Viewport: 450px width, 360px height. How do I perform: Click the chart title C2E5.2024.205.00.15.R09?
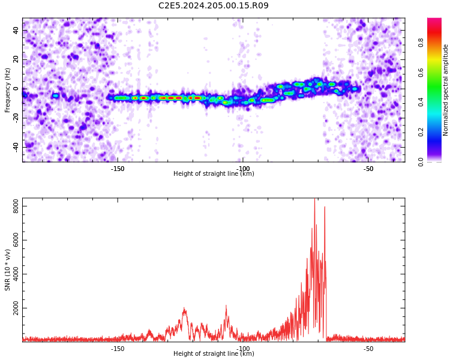(213, 5)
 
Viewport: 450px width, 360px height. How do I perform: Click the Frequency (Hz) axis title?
(7, 90)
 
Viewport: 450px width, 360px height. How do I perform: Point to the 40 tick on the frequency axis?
(16, 30)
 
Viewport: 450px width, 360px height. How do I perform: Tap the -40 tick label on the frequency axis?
(16, 148)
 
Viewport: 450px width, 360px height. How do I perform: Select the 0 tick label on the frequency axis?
(16, 89)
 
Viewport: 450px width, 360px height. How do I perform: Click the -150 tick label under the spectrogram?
(118, 169)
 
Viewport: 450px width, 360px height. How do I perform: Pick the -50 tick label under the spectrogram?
(368, 169)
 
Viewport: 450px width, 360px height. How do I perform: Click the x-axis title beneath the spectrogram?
(214, 173)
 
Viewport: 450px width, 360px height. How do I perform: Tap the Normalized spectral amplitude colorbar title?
(445, 90)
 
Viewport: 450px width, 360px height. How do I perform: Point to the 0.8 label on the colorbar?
(421, 43)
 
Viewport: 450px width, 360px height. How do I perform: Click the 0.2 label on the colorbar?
(421, 133)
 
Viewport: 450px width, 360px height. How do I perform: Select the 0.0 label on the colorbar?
(421, 162)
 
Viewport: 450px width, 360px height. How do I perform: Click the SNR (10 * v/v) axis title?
(7, 270)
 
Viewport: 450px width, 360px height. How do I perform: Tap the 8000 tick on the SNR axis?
(16, 206)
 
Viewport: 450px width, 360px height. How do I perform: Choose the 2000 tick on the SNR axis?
(16, 308)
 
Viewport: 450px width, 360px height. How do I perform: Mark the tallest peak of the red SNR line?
(314, 199)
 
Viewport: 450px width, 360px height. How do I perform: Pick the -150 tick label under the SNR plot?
(118, 349)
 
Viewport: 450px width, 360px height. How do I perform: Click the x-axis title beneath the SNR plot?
(214, 353)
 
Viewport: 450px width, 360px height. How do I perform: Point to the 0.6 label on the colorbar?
(421, 73)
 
